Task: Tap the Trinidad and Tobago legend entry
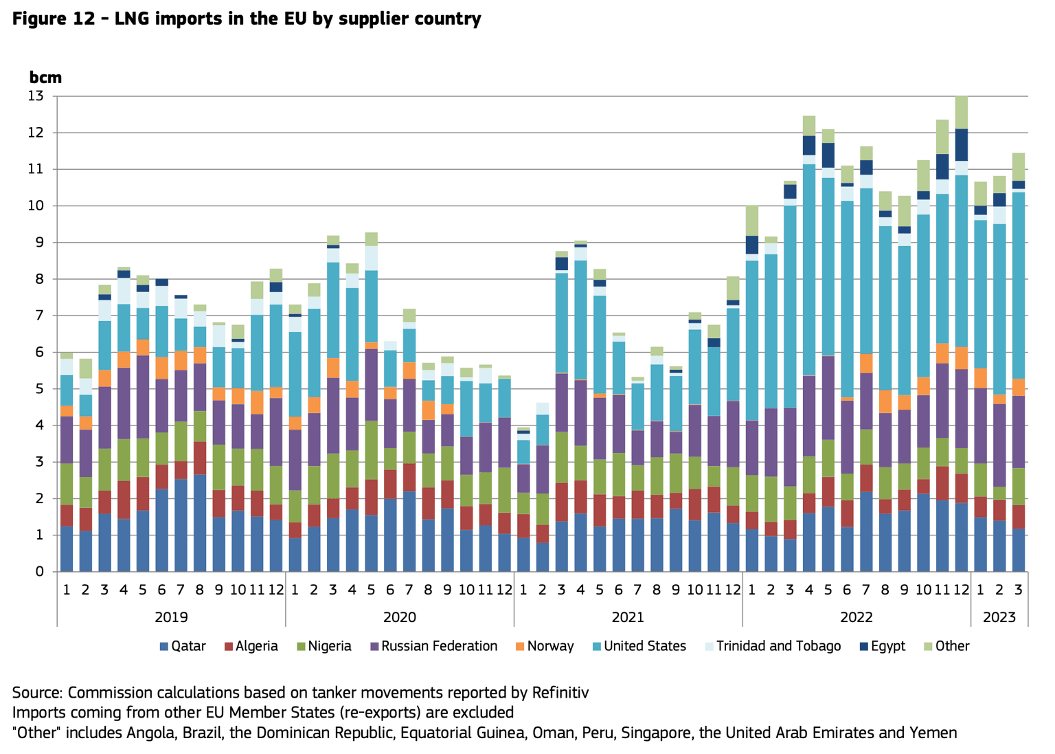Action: point(772,646)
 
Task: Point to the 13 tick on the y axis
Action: point(36,96)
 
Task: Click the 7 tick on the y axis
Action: point(39,315)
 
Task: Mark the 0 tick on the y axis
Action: point(39,571)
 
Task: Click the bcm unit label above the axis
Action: point(45,77)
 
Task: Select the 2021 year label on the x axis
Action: point(628,617)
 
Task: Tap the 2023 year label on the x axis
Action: point(999,617)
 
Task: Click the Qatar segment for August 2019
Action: point(201,522)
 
